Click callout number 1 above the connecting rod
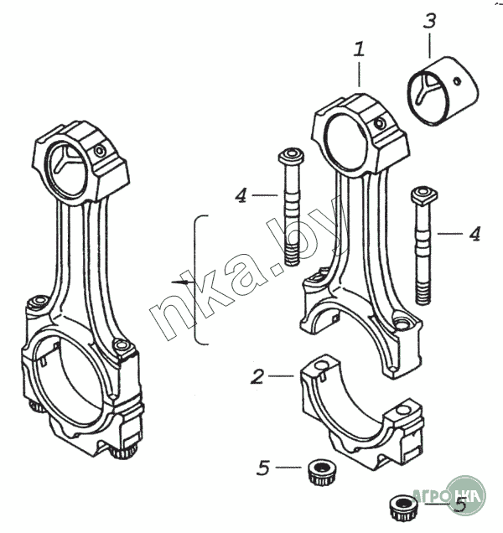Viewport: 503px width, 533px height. click(359, 50)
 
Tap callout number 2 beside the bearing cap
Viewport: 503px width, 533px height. click(258, 376)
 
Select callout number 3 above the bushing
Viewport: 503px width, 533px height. click(429, 21)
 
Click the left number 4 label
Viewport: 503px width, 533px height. click(241, 195)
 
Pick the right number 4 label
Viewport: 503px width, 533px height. click(474, 233)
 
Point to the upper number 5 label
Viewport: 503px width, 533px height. click(263, 468)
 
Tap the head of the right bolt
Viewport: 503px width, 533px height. click(423, 196)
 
